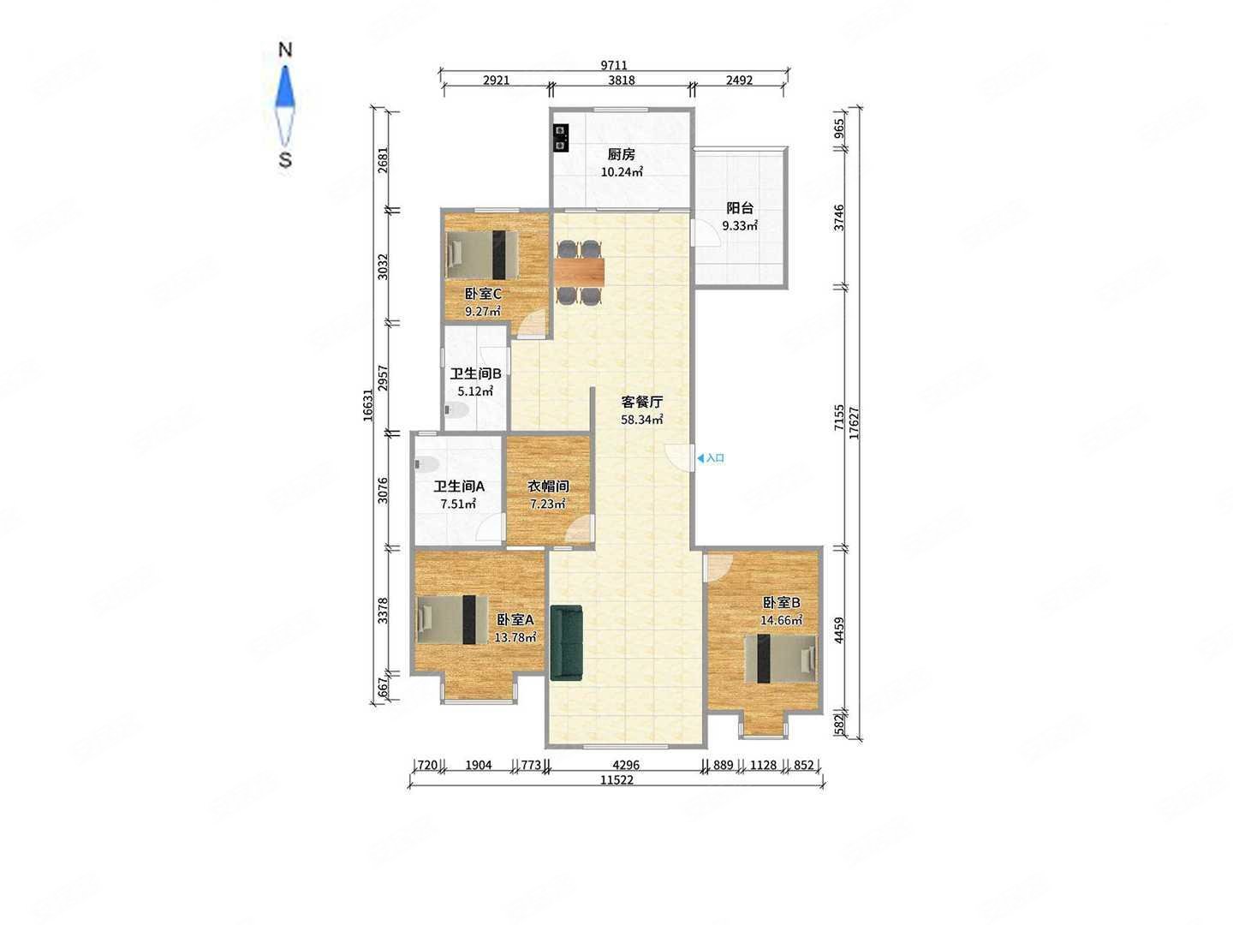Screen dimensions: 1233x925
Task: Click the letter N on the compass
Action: (285, 50)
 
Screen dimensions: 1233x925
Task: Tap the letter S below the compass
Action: (285, 160)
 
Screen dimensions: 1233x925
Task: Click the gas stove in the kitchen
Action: (560, 138)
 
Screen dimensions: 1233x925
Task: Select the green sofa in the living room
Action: (566, 642)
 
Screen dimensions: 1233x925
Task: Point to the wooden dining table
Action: (579, 270)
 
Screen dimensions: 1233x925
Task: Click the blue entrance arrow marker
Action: (700, 458)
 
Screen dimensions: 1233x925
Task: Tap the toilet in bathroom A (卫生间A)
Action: (427, 464)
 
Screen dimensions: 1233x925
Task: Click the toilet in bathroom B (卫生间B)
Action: (456, 410)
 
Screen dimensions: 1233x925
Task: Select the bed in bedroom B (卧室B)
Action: (780, 659)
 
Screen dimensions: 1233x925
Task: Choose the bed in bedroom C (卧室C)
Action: (482, 255)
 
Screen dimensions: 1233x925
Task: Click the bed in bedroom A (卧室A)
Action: (452, 619)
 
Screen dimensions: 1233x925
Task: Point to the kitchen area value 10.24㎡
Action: (622, 172)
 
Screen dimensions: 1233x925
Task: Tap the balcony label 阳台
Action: (739, 208)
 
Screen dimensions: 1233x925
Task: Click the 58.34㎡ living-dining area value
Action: (641, 420)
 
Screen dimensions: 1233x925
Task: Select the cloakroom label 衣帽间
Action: (548, 486)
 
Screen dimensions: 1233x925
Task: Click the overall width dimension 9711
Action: (614, 65)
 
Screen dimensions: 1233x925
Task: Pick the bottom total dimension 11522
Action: (616, 779)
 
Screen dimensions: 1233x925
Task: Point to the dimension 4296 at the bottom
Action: (626, 765)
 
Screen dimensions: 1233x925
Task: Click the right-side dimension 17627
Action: (855, 422)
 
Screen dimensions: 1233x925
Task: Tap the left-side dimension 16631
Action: (368, 405)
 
